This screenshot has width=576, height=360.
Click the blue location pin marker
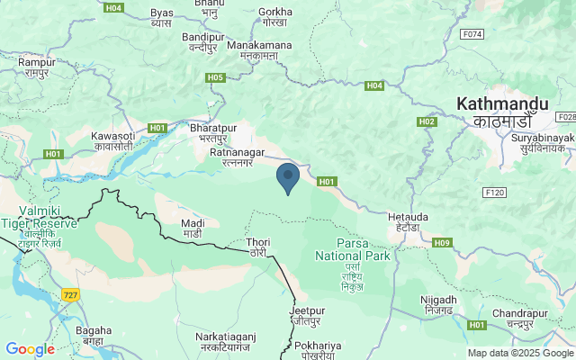pyautogui.click(x=288, y=177)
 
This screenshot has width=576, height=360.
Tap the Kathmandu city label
pyautogui.click(x=494, y=112)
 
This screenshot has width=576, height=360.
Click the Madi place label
pyautogui.click(x=193, y=228)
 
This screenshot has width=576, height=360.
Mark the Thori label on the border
pyautogui.click(x=257, y=247)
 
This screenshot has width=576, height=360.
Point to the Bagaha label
pyautogui.click(x=94, y=336)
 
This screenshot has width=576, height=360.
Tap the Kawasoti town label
pyautogui.click(x=112, y=140)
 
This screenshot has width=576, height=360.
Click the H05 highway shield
pyautogui.click(x=214, y=78)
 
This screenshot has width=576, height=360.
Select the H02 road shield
pyautogui.click(x=427, y=121)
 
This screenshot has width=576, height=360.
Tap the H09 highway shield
pyautogui.click(x=441, y=243)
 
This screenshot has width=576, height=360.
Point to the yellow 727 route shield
pyautogui.click(x=71, y=294)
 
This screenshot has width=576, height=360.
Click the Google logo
pyautogui.click(x=30, y=349)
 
